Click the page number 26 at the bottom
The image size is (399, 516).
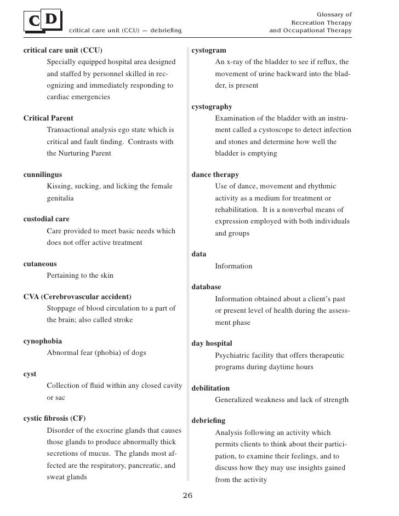(x=187, y=496)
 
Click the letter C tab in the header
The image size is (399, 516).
(x=34, y=21)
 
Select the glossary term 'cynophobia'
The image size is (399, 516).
(x=43, y=341)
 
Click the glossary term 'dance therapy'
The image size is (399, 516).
(x=215, y=175)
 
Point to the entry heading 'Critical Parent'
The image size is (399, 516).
(x=48, y=118)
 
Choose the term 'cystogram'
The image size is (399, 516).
(x=209, y=50)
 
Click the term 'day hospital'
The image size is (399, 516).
(x=212, y=343)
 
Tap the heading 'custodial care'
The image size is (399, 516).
(x=47, y=219)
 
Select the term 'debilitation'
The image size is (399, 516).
(x=210, y=388)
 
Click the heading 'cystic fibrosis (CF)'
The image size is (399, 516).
(x=55, y=418)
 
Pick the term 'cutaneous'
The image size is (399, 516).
(x=40, y=264)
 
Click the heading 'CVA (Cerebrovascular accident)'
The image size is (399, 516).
(x=77, y=297)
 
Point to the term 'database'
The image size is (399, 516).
(x=207, y=287)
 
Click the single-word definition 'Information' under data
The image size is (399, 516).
(x=233, y=266)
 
